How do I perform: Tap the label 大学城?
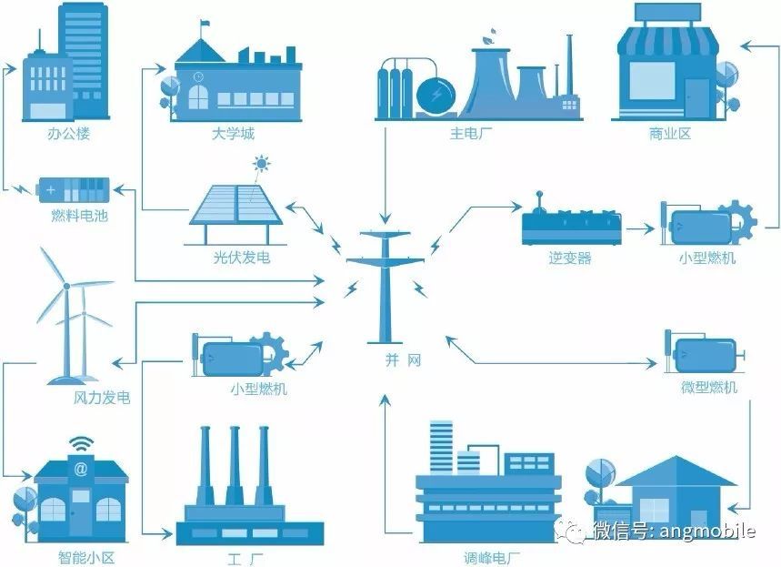232,134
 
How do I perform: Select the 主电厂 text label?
471,134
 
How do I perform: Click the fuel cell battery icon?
73,191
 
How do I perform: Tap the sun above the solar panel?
263,166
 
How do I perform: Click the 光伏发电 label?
235,258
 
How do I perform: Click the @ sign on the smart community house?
81,470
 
